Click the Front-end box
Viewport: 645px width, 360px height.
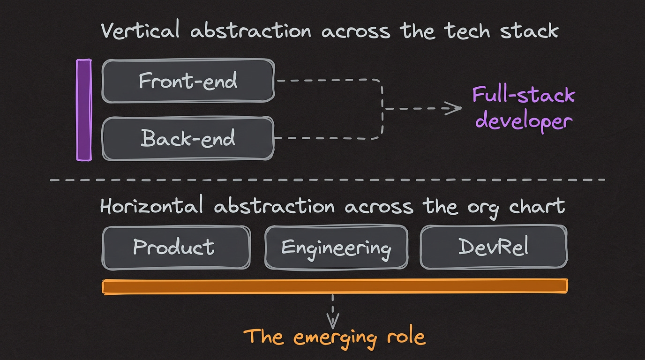click(x=187, y=81)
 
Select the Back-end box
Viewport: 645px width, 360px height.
click(x=187, y=138)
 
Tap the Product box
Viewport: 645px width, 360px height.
click(x=176, y=247)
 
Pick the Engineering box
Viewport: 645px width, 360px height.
click(x=336, y=247)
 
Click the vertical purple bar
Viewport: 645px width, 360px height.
click(x=84, y=110)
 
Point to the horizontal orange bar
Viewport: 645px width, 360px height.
click(x=335, y=286)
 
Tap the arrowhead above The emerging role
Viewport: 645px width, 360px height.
click(x=333, y=322)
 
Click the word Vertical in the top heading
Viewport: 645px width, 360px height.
click(x=140, y=31)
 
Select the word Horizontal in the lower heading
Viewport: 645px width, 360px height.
click(x=151, y=206)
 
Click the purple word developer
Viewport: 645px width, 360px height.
click(x=524, y=121)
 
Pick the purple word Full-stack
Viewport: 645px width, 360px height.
click(x=523, y=95)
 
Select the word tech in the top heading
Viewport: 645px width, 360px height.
click(x=466, y=31)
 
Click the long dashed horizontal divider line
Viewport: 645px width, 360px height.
click(x=328, y=180)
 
